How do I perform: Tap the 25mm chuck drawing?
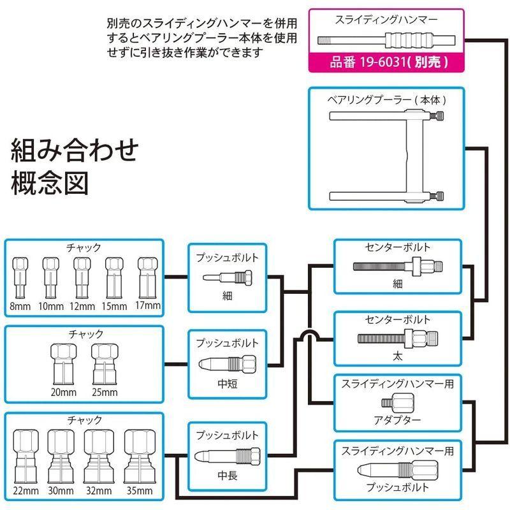106,362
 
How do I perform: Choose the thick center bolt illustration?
396,337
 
